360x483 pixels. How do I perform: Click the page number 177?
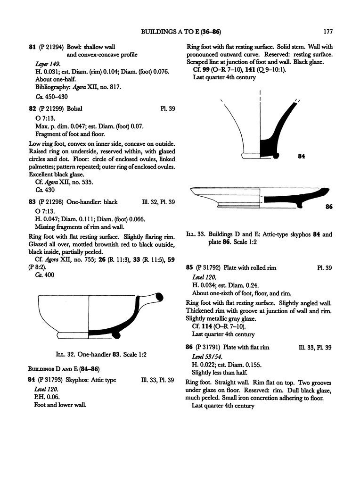(x=328, y=32)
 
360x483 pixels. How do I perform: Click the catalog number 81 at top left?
(x=33, y=47)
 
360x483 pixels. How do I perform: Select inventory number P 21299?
(x=52, y=108)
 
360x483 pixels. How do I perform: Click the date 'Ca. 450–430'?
(x=51, y=97)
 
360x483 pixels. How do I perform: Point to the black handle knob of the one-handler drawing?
(x=159, y=296)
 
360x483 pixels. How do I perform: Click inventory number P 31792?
(x=207, y=268)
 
